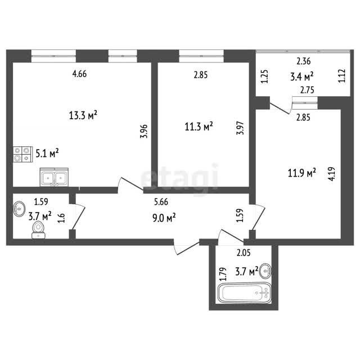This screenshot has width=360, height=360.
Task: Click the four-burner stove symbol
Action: point(22,154)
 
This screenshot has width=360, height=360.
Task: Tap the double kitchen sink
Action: point(54,177)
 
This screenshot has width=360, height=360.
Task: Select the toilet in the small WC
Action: point(38,230)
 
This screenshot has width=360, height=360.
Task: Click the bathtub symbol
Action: point(244,293)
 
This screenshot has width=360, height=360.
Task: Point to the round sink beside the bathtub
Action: point(265,271)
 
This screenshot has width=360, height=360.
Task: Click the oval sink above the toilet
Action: point(19,209)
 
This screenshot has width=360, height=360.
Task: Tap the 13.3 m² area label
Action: point(83,115)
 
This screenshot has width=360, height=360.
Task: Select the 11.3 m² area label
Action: point(199,126)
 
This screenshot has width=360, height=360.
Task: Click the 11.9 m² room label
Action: point(302,173)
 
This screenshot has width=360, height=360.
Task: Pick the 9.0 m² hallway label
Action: point(164,218)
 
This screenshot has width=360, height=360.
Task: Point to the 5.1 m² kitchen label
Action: point(47,153)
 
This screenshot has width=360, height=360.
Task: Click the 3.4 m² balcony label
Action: point(302,76)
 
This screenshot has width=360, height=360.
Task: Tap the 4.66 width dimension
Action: point(79,74)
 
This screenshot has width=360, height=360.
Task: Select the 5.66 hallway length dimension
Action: point(161,202)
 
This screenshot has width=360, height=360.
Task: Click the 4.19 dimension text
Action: point(332,174)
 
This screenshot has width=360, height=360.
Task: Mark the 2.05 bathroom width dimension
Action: point(244,253)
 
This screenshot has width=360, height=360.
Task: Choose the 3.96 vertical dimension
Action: point(144,131)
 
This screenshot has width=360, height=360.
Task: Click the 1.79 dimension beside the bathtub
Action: point(223,274)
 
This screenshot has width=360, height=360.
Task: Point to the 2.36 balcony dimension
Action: point(304,61)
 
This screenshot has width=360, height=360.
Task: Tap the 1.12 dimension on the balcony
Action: point(341,76)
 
